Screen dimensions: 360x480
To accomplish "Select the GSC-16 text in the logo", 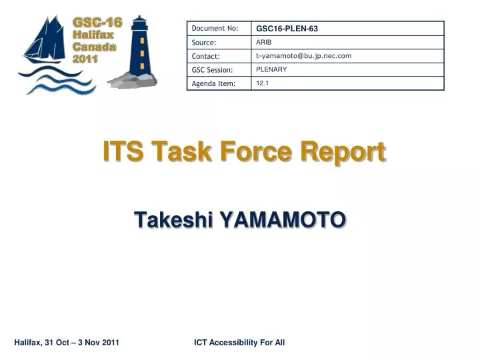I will coord(97,23).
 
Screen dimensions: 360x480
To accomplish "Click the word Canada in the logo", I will coord(94,47).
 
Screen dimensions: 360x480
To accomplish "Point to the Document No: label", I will coord(215,28).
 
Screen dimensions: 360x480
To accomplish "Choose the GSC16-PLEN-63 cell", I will coord(287,29).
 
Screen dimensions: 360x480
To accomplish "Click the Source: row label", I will coord(204,43).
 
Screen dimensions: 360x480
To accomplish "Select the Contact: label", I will coord(205,56).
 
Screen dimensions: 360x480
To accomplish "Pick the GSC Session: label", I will coord(212,69).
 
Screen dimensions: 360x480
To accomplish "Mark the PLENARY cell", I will coord(271,69).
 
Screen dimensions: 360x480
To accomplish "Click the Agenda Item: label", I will coord(213,83).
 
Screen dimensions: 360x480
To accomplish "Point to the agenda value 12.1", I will coord(263,83).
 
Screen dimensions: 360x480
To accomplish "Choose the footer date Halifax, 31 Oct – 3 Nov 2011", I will coord(67,343).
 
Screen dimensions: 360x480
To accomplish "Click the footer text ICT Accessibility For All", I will coord(239,343).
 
